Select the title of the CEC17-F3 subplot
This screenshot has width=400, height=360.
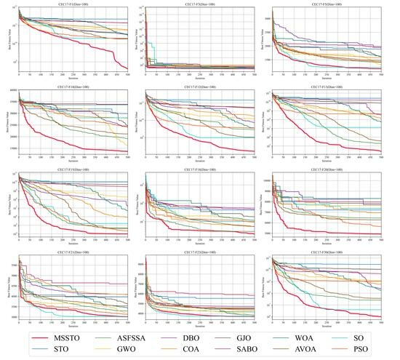coord(200,4)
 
